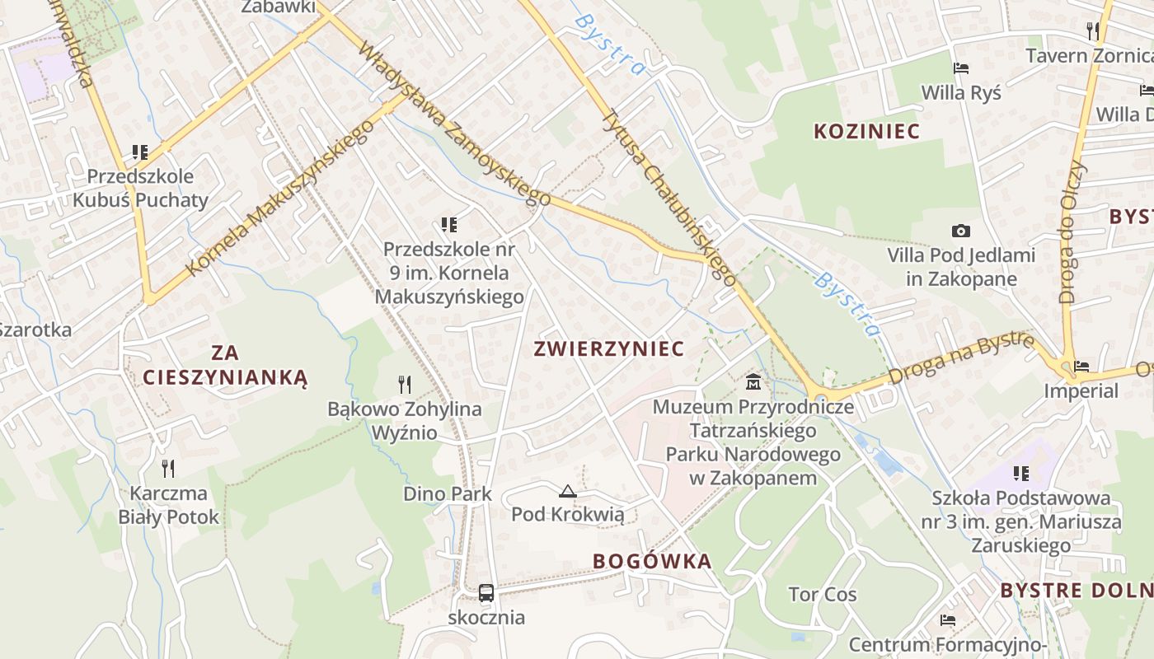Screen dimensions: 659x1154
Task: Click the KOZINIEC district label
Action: pos(866,131)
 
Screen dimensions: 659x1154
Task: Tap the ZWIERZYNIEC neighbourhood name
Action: pos(608,348)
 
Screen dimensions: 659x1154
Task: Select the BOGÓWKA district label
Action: pos(651,562)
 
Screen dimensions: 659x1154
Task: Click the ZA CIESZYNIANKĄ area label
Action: pos(225,365)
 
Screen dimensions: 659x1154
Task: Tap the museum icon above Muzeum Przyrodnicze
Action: pos(753,382)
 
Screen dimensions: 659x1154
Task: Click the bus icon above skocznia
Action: pos(486,592)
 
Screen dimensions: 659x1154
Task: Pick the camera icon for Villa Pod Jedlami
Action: pos(960,231)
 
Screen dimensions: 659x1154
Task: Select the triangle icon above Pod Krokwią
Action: pos(567,492)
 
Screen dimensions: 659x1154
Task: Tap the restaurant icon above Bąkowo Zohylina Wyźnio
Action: pos(404,384)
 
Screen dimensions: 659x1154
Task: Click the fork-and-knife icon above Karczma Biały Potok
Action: pos(168,468)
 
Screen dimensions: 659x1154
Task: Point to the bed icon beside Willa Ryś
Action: pos(960,68)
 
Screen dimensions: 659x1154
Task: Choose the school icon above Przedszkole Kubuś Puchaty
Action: pos(140,152)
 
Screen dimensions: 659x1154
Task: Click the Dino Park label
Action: pos(447,494)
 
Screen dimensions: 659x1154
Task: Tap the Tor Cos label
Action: pos(822,595)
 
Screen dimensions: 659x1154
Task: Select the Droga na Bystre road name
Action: pos(961,358)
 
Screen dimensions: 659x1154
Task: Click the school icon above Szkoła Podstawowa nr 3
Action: pos(1021,473)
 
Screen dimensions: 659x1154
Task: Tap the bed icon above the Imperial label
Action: pos(1081,366)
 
